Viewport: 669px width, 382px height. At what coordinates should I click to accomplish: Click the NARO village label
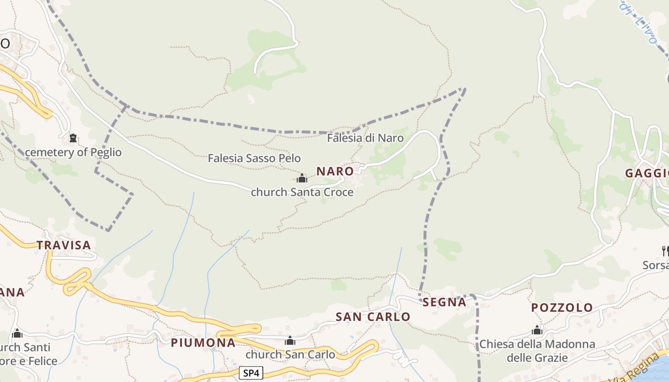pyautogui.click(x=335, y=171)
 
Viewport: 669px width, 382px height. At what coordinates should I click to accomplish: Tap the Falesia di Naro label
pyautogui.click(x=365, y=138)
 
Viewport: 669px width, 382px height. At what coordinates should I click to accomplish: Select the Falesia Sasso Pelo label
pyautogui.click(x=254, y=158)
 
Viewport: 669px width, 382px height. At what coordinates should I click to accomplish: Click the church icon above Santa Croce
pyautogui.click(x=302, y=179)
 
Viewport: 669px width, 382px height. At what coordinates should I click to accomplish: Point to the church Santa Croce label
pyautogui.click(x=302, y=192)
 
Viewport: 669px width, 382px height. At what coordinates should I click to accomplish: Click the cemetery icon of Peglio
pyautogui.click(x=73, y=138)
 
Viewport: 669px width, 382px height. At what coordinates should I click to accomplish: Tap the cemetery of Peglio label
pyautogui.click(x=73, y=152)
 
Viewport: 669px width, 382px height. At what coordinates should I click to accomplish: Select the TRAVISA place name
pyautogui.click(x=64, y=245)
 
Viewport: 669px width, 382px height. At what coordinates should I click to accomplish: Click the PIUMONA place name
pyautogui.click(x=203, y=342)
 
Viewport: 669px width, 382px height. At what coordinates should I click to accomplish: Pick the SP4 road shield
pyautogui.click(x=251, y=373)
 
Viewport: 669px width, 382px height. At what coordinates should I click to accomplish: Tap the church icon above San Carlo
pyautogui.click(x=290, y=340)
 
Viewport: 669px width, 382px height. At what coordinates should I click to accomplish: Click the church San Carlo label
pyautogui.click(x=290, y=354)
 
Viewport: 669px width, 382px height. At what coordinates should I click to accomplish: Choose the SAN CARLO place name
pyautogui.click(x=373, y=317)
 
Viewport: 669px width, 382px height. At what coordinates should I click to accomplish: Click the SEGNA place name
pyautogui.click(x=444, y=302)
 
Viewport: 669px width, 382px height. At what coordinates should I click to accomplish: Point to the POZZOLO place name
pyautogui.click(x=562, y=308)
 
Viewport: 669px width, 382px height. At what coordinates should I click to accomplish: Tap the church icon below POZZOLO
pyautogui.click(x=537, y=330)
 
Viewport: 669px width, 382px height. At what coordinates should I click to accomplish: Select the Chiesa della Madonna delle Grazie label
pyautogui.click(x=537, y=350)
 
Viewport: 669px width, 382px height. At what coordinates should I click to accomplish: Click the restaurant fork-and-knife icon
pyautogui.click(x=665, y=250)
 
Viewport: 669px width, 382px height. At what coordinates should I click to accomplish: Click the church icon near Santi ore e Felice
pyautogui.click(x=17, y=333)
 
